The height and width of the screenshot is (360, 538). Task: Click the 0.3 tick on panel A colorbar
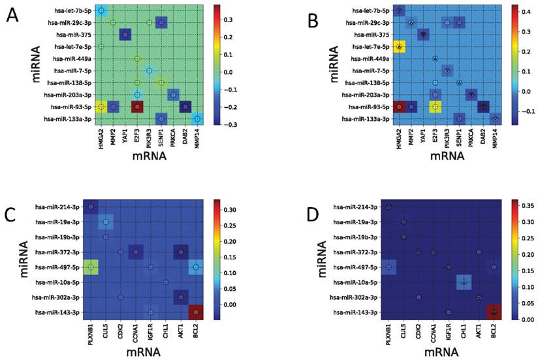[230, 20]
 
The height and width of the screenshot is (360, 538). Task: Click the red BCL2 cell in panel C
[193, 313]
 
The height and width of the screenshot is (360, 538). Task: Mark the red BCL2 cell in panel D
[494, 313]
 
